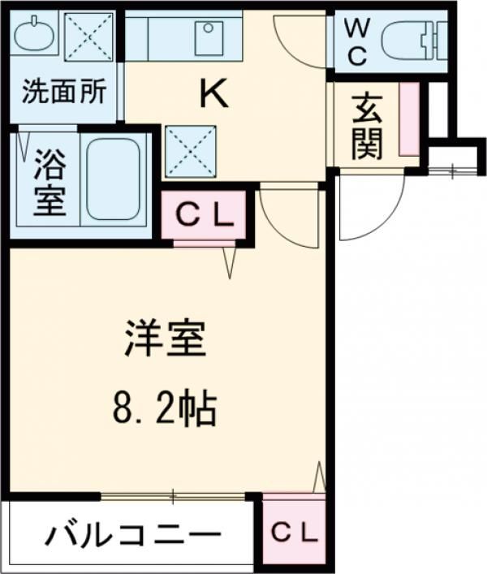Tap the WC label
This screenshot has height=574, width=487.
[x=357, y=42]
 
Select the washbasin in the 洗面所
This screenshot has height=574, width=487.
[x=34, y=34]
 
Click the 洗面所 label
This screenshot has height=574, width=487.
[x=64, y=91]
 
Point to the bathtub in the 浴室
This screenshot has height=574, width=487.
[x=113, y=179]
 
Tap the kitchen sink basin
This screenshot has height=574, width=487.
[x=209, y=38]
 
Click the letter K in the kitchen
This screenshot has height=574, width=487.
[x=215, y=94]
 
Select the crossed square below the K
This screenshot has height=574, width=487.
[x=191, y=152]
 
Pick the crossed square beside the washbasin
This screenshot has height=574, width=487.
[x=88, y=37]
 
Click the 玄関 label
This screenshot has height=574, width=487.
[x=367, y=127]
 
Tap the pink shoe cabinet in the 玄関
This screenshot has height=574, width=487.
[x=409, y=119]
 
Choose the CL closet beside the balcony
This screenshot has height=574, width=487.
[x=294, y=533]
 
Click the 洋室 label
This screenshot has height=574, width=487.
[x=166, y=339]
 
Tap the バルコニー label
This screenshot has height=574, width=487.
[x=133, y=534]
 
